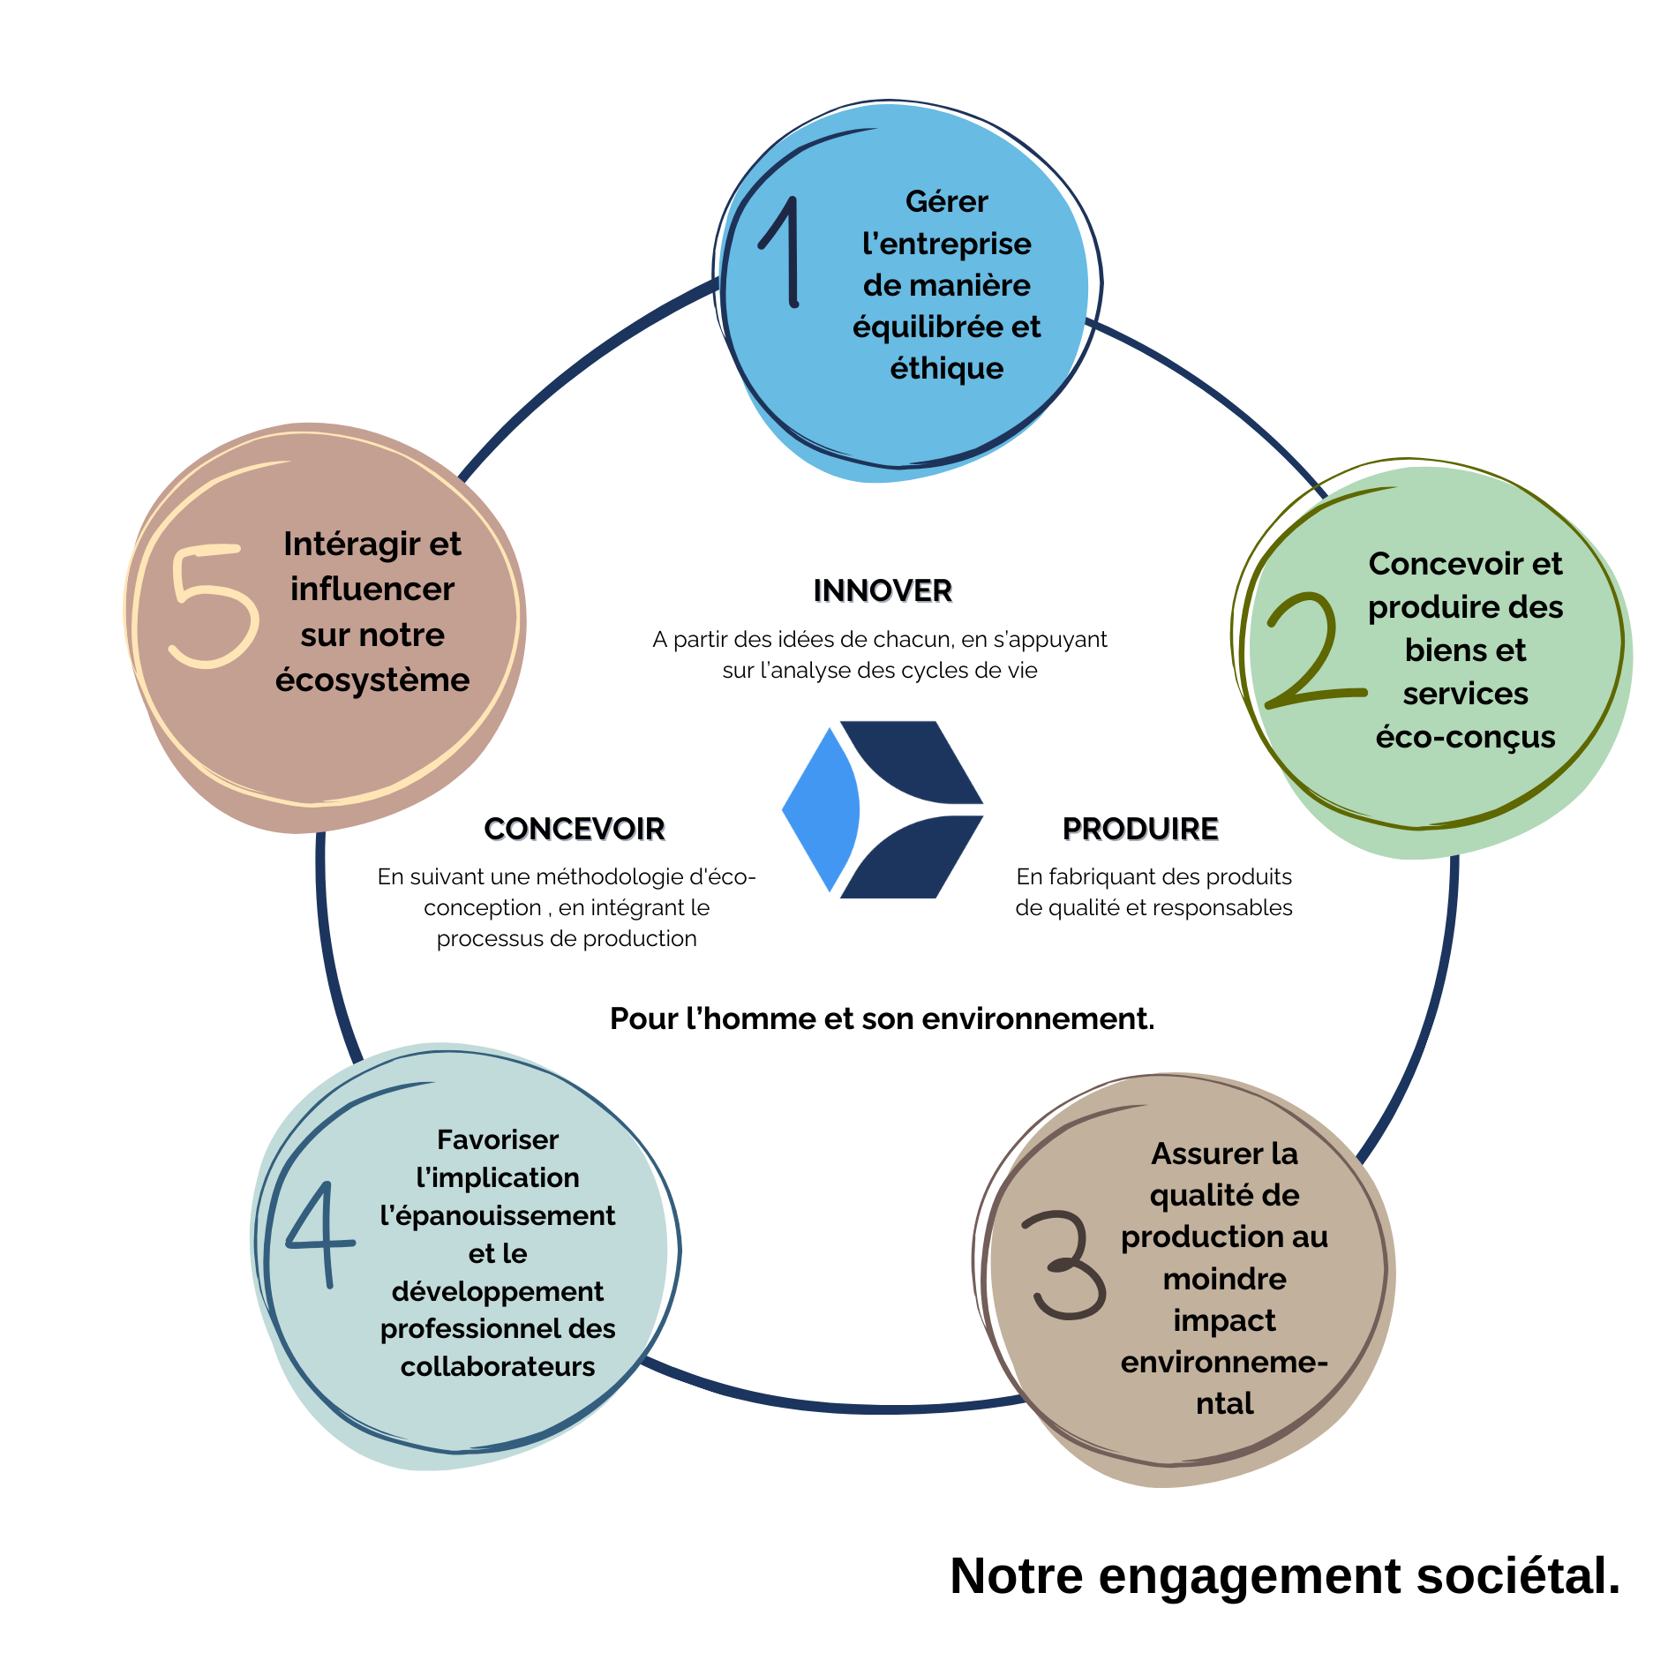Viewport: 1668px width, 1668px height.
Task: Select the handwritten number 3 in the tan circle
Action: pos(1065,1266)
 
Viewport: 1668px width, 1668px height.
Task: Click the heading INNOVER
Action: pos(883,590)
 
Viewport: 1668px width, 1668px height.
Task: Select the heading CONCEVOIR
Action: pos(575,829)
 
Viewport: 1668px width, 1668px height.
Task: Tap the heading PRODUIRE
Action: pos(1140,829)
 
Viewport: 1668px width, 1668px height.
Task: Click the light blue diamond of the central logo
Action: pos(821,808)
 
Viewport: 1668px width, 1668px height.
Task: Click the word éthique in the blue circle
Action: pos(946,368)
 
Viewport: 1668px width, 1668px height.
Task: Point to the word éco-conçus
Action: pos(1465,736)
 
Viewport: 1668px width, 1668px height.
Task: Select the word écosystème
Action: pos(372,680)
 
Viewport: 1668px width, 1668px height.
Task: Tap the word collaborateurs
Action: pos(498,1366)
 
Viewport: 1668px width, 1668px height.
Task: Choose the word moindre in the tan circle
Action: pos(1224,1278)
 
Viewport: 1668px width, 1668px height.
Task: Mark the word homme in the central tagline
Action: pos(760,1018)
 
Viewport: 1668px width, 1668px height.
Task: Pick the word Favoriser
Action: pos(498,1139)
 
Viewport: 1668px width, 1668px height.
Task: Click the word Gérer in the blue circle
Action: pos(946,201)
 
